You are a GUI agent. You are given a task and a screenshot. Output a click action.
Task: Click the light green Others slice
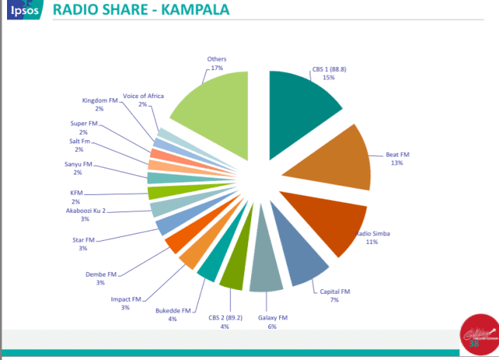pos(211,105)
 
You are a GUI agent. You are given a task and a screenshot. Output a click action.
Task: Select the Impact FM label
pos(126,298)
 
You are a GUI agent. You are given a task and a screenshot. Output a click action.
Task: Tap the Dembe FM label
pos(101,274)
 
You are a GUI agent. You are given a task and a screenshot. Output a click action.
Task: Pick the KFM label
pos(76,192)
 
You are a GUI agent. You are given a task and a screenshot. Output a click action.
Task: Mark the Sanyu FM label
pos(78,164)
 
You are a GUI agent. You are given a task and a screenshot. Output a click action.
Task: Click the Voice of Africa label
pos(143,95)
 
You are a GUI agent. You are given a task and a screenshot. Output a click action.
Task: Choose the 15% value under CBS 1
pos(328,77)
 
